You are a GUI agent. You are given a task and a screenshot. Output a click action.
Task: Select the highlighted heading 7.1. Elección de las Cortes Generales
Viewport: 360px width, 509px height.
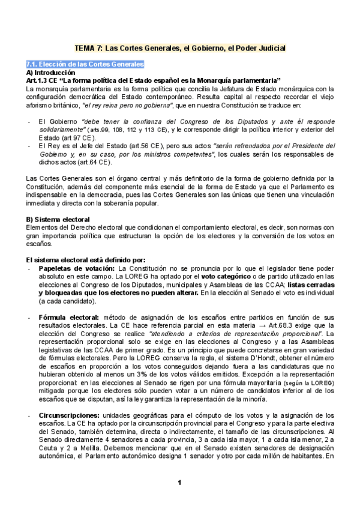coord(85,64)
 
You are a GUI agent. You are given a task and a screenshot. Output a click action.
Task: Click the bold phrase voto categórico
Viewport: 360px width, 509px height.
coord(224,276)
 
